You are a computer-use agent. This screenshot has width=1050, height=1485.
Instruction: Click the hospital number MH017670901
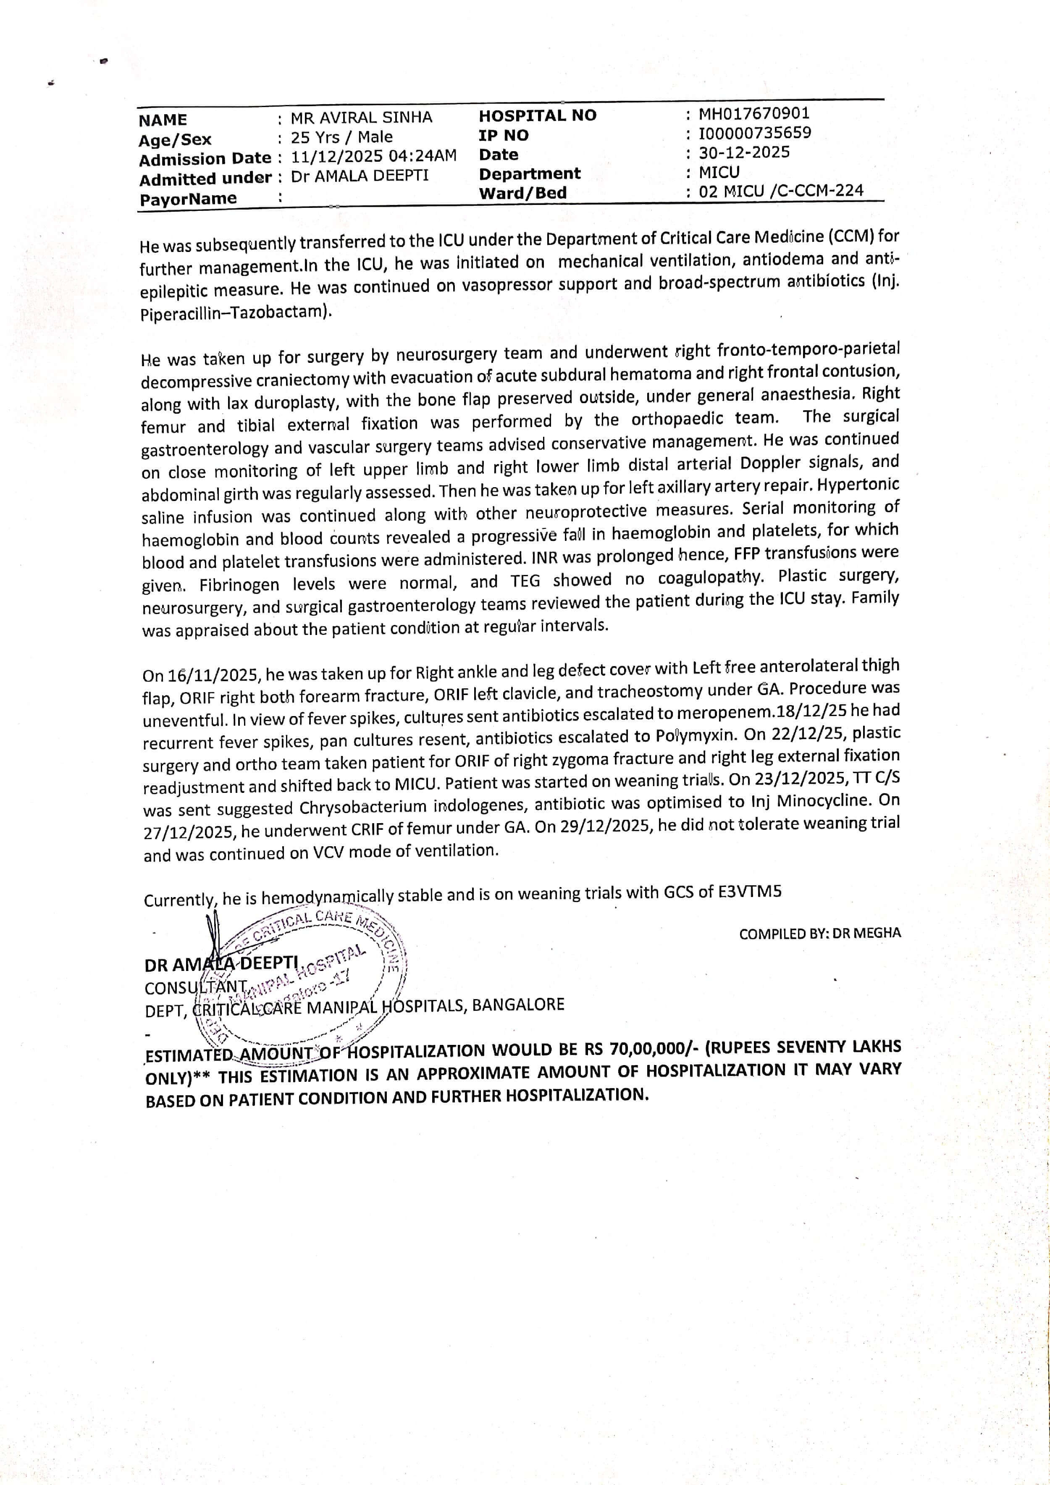(754, 114)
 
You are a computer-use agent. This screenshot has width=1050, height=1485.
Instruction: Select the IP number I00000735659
(754, 133)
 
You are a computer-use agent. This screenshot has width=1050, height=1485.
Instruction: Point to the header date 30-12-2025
(744, 152)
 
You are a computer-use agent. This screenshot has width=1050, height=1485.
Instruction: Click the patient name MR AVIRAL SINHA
(361, 118)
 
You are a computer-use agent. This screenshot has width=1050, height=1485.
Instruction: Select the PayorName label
(188, 199)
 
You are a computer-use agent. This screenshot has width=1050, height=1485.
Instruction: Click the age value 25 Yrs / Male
(341, 137)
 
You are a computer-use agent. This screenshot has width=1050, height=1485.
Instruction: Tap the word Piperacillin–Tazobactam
(236, 312)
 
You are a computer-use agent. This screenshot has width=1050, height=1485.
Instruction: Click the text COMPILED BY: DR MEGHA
(820, 933)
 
